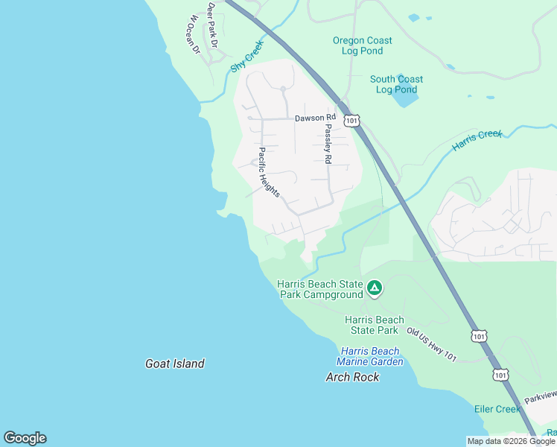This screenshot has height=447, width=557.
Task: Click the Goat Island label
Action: click(174, 364)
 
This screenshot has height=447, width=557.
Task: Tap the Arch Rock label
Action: click(352, 377)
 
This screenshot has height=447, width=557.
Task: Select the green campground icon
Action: click(375, 288)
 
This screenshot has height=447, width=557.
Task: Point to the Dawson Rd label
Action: click(315, 118)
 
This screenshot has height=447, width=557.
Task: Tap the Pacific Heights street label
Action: click(268, 172)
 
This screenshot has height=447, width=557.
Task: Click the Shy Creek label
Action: click(247, 56)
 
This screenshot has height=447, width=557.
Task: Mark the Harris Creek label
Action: click(477, 139)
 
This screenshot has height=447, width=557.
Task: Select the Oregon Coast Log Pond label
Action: click(362, 45)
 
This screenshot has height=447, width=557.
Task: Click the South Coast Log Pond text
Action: click(396, 84)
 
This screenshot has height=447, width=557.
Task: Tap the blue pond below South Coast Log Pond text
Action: click(406, 97)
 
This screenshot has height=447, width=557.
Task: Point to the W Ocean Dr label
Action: click(194, 34)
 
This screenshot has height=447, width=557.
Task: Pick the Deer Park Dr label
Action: click(212, 24)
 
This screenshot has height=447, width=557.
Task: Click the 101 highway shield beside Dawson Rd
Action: click(351, 119)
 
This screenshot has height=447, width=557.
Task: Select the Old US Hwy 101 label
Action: click(430, 346)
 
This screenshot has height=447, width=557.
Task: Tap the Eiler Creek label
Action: click(497, 409)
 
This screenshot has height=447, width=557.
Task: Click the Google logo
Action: click(25, 438)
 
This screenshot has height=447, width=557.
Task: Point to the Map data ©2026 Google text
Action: click(511, 441)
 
